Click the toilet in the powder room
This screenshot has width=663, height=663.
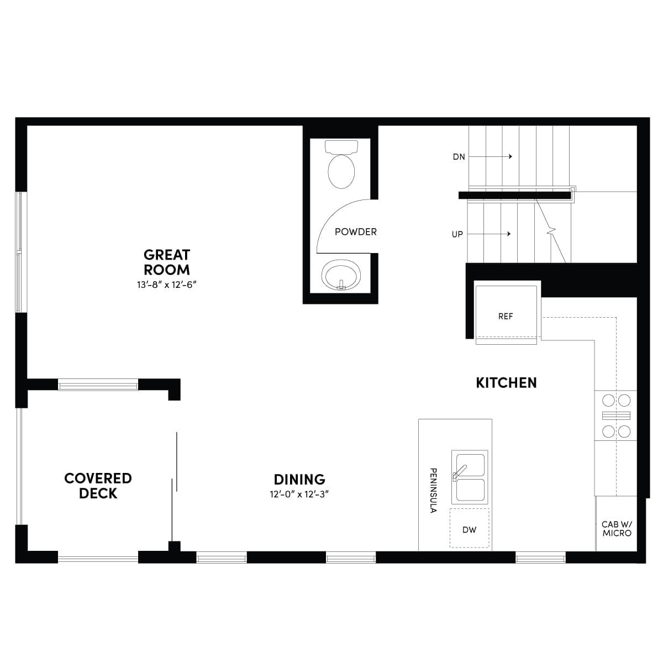[341, 165]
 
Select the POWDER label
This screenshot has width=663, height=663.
[356, 232]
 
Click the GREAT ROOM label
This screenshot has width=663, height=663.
[167, 262]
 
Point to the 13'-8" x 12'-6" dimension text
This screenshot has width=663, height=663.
[167, 285]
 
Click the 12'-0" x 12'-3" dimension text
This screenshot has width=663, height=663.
[299, 494]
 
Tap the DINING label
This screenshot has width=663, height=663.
[299, 479]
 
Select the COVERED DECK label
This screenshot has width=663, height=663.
[98, 486]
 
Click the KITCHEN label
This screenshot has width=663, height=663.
[506, 383]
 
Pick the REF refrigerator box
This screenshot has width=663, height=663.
[506, 315]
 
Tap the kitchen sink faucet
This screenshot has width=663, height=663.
[459, 472]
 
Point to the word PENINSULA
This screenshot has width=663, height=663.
[434, 491]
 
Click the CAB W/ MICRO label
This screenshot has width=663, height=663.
[617, 529]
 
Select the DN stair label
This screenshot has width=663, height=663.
[459, 157]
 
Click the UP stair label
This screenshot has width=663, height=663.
[457, 234]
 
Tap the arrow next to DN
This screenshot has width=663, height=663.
[490, 156]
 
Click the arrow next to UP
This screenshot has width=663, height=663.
[489, 234]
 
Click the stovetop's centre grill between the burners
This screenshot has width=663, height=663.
[616, 415]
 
